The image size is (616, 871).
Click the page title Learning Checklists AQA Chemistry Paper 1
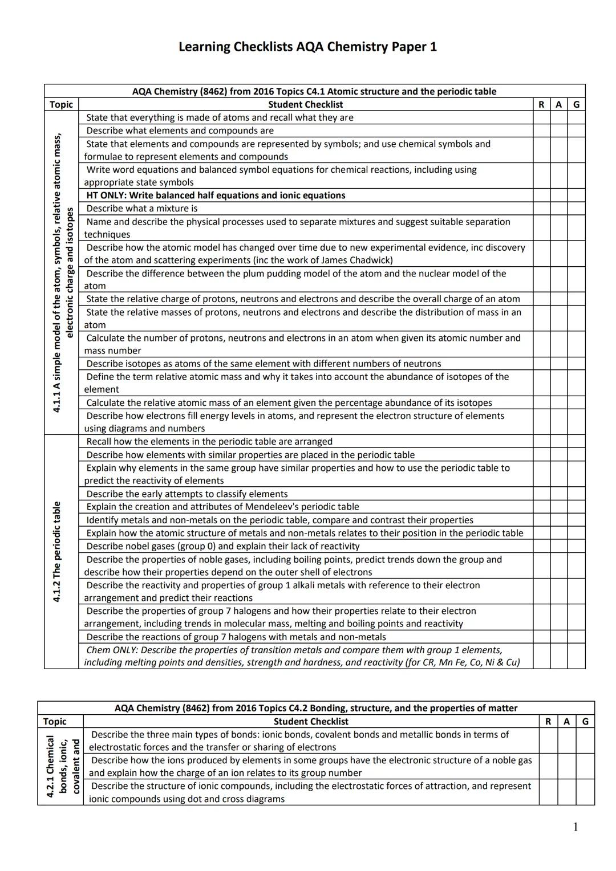[307, 47]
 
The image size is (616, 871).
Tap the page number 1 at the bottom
[575, 827]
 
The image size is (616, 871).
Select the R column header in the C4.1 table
[541, 104]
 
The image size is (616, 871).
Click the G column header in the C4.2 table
[585, 721]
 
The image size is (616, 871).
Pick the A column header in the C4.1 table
[558, 104]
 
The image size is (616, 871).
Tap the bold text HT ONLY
[106, 196]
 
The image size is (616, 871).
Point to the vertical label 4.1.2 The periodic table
[56, 551]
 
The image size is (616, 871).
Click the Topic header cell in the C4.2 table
[55, 721]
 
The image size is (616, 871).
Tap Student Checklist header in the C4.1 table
[305, 104]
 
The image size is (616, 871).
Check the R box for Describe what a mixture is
[541, 209]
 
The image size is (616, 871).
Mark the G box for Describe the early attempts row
[576, 494]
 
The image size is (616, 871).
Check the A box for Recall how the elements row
[558, 442]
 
